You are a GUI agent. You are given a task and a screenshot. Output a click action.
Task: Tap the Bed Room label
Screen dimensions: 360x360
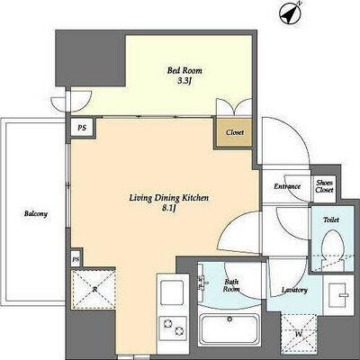(x=184, y=71)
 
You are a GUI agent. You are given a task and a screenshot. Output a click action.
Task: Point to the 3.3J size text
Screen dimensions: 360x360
(x=184, y=81)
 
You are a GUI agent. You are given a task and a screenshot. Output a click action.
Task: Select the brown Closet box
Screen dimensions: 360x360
(x=234, y=132)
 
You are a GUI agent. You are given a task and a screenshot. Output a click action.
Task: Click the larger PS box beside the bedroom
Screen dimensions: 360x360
(x=82, y=128)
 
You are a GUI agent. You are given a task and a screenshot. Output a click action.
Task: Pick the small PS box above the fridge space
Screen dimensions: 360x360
(x=76, y=259)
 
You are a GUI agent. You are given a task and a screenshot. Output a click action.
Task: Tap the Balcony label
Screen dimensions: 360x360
(x=36, y=214)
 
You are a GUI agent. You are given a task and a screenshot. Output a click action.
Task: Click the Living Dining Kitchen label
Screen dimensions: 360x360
(x=169, y=198)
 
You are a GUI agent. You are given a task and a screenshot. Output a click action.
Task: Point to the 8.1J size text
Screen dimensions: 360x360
(x=168, y=209)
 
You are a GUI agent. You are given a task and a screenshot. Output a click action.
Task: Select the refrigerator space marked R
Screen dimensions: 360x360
(x=94, y=289)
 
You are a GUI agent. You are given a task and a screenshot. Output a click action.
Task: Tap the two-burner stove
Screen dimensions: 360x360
(x=173, y=327)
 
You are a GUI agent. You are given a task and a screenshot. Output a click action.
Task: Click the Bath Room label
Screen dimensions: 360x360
(x=232, y=285)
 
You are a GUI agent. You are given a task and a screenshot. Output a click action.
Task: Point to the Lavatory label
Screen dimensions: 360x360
(x=294, y=290)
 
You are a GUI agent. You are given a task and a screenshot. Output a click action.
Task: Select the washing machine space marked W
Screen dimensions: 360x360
(x=299, y=333)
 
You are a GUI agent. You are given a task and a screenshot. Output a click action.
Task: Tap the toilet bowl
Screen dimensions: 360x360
(x=332, y=245)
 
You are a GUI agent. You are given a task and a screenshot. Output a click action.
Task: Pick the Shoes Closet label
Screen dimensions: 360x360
(x=324, y=186)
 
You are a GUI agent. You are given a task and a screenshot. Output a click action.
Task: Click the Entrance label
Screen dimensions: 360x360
(x=287, y=186)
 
